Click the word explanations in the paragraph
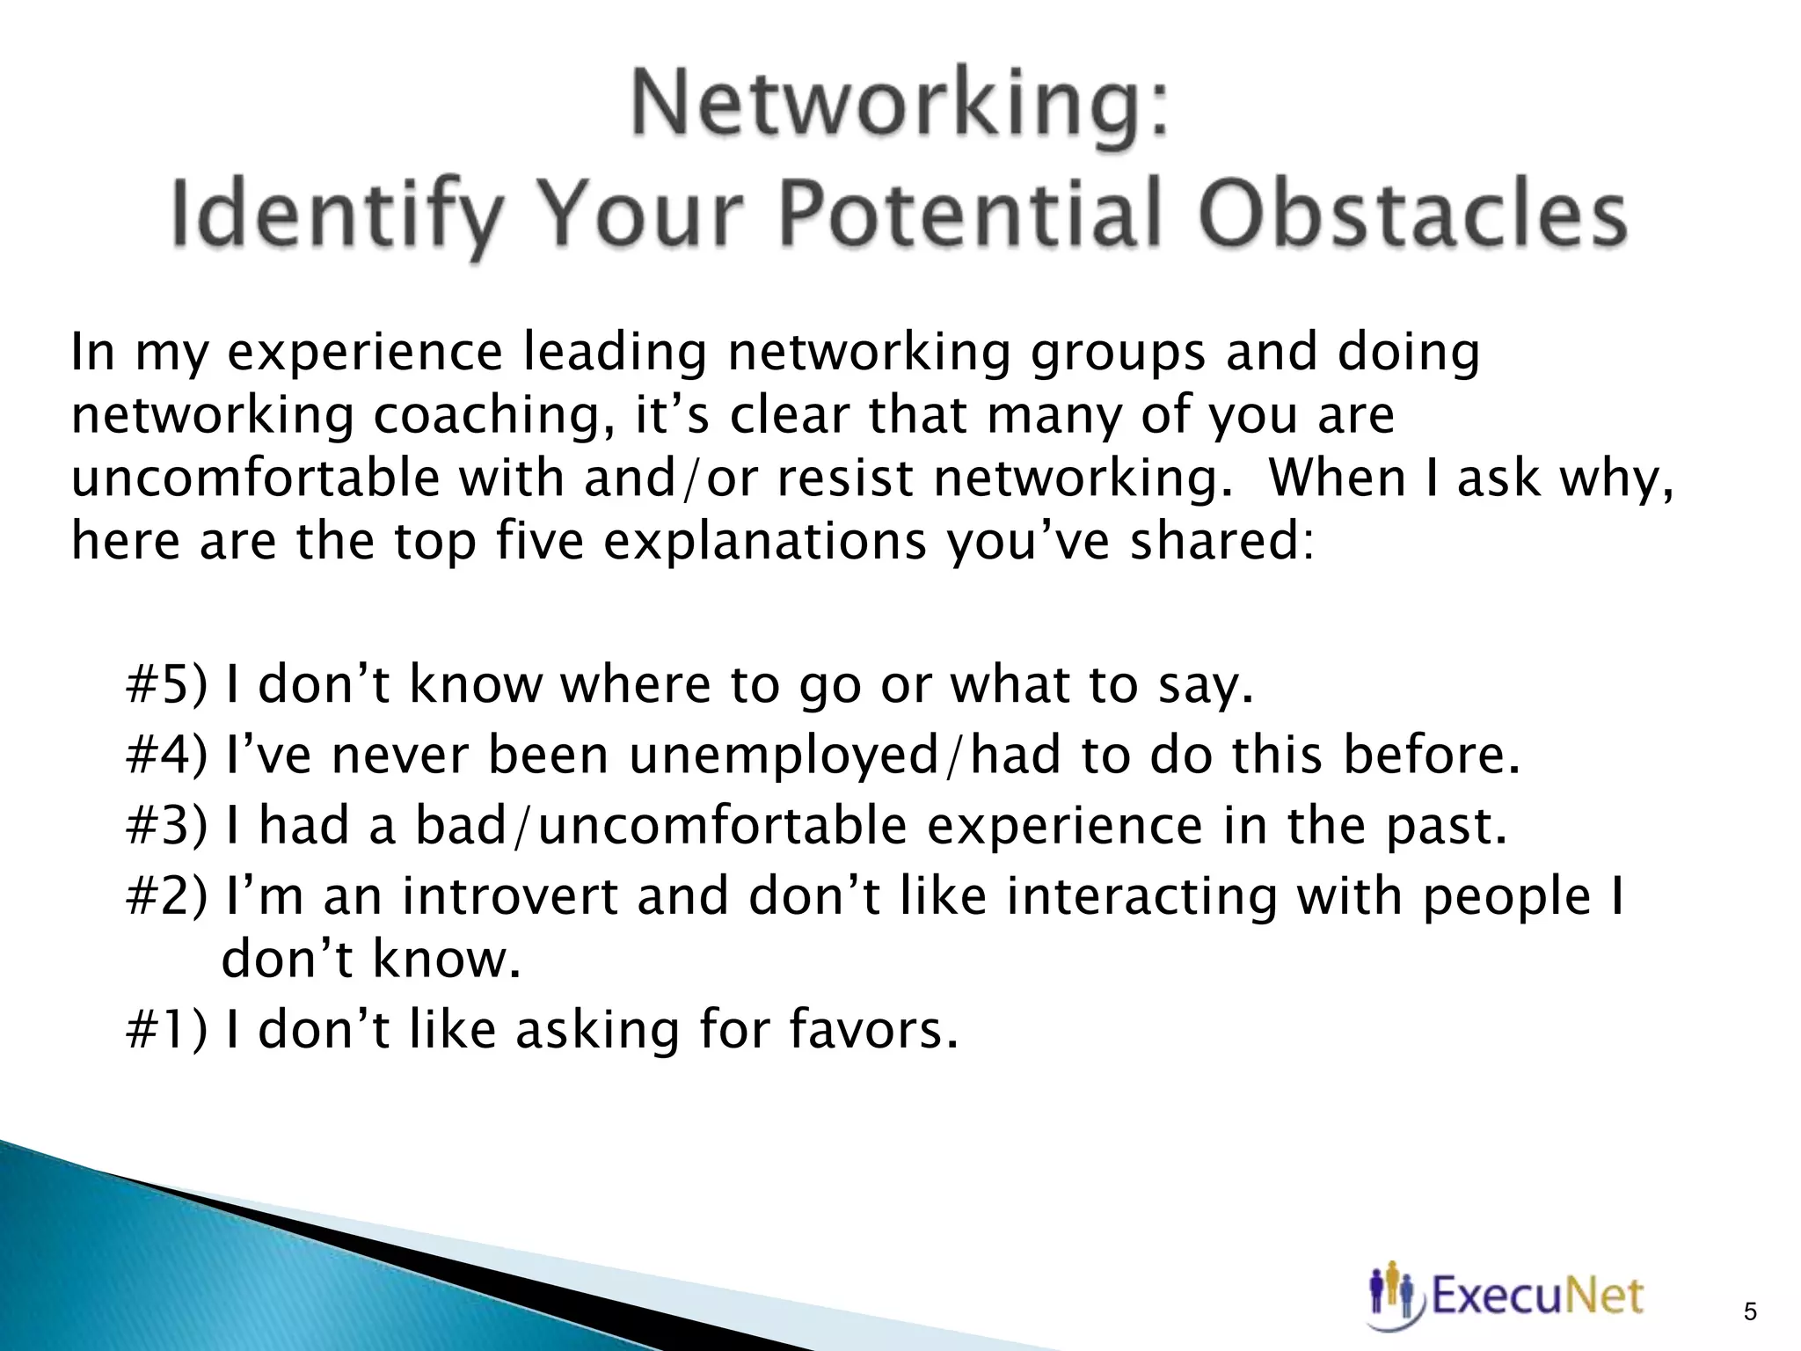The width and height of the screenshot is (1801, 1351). click(764, 542)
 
